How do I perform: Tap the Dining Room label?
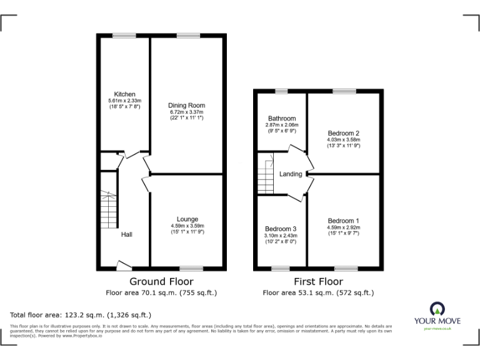click(x=186, y=106)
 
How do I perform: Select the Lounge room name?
click(x=187, y=219)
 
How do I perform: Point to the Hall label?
click(x=127, y=234)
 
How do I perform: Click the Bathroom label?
click(x=282, y=118)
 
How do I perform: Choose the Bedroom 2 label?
click(x=344, y=133)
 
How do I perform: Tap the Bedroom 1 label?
click(x=344, y=221)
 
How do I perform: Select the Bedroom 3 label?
click(x=281, y=229)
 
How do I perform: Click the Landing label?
click(x=291, y=174)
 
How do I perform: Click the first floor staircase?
click(x=266, y=176)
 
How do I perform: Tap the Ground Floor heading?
click(x=161, y=282)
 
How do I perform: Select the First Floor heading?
click(x=318, y=282)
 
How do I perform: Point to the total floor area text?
click(x=81, y=315)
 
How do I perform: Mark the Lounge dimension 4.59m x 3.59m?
click(x=187, y=226)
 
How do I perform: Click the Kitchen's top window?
click(x=124, y=36)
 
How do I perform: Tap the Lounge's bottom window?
click(x=188, y=269)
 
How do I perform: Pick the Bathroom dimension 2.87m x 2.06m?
click(x=282, y=125)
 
